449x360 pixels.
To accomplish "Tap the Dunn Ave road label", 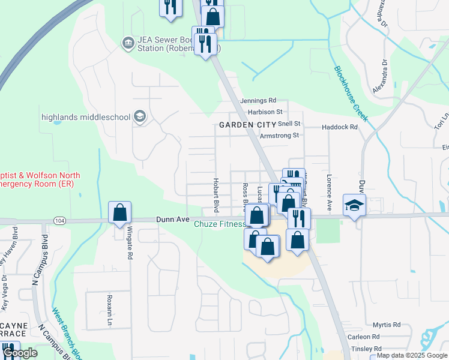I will (x=172, y=220).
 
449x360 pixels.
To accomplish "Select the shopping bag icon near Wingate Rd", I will (x=119, y=212).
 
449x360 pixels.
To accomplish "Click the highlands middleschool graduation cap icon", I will (x=140, y=116).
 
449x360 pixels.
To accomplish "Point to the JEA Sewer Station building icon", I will (x=127, y=43).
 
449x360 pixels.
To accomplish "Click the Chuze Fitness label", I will (x=219, y=224).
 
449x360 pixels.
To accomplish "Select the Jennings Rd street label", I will (x=258, y=101).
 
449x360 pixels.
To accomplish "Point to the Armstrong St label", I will (x=279, y=136).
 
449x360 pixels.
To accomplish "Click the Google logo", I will (x=20, y=353).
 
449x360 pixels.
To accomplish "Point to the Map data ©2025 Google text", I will (x=412, y=356).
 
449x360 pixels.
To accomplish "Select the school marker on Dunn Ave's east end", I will (x=354, y=205).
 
